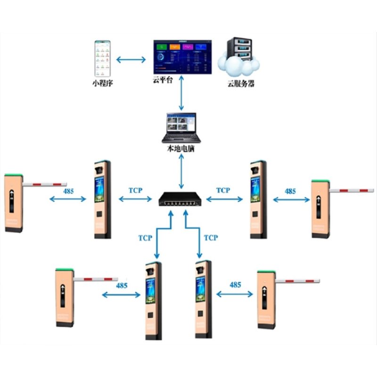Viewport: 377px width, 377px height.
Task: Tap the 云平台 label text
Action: (163, 80)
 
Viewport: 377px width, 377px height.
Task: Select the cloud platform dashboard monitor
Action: (181, 57)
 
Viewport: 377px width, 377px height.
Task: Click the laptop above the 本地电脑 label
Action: (181, 127)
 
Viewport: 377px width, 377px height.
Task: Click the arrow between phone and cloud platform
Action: (131, 60)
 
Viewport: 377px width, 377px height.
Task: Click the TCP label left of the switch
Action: (135, 190)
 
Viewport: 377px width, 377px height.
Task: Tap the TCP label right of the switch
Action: (223, 190)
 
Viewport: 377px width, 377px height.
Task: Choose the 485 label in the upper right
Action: (290, 191)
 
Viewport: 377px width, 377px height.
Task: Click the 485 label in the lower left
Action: (122, 285)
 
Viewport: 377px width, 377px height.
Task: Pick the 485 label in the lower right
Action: (235, 285)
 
